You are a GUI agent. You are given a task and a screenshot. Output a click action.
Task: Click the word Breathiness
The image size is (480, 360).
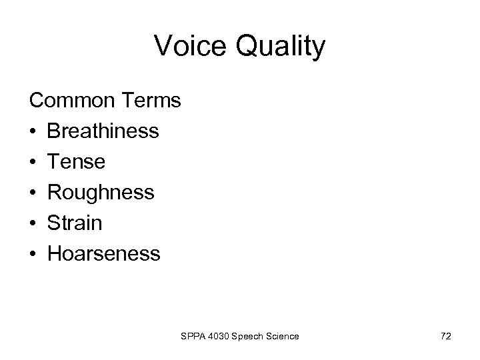coord(103,131)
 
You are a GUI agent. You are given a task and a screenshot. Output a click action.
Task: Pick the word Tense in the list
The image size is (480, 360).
coord(76,162)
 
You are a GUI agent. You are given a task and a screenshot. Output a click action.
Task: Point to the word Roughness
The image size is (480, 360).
coord(101,193)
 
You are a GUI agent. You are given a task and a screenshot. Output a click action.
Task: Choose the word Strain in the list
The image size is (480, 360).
coord(75,223)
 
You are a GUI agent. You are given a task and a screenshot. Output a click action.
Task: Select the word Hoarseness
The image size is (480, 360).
coord(103,254)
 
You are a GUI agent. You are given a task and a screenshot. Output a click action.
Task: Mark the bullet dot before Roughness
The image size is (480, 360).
coord(32,193)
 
